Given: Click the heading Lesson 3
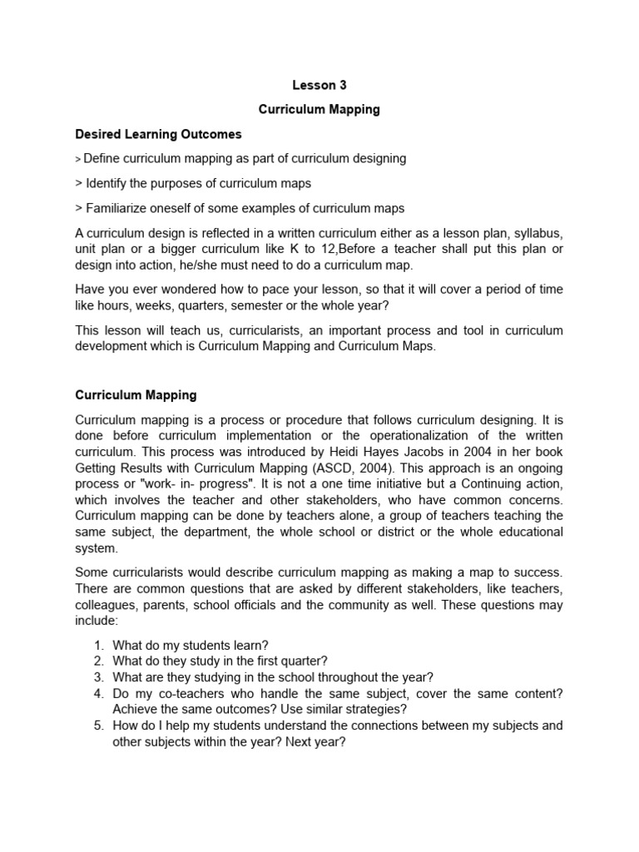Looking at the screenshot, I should click(x=319, y=85).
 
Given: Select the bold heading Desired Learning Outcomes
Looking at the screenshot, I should click(x=158, y=133).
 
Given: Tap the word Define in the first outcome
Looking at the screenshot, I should click(x=102, y=158).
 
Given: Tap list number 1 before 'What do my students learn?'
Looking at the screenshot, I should click(x=98, y=646).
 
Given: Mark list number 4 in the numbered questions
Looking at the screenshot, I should click(x=98, y=693).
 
